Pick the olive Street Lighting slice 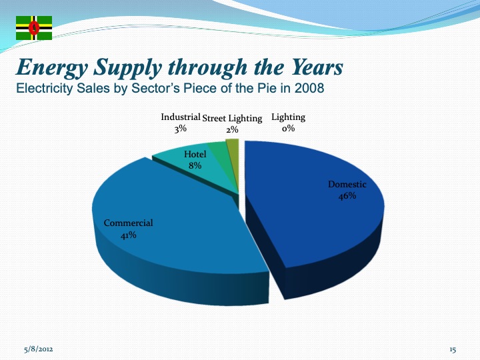(233, 146)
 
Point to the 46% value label (347, 196)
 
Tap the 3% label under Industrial (180, 129)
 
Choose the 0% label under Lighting (288, 129)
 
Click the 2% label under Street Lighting (231, 130)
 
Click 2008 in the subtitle (309, 88)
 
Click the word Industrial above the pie (181, 117)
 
